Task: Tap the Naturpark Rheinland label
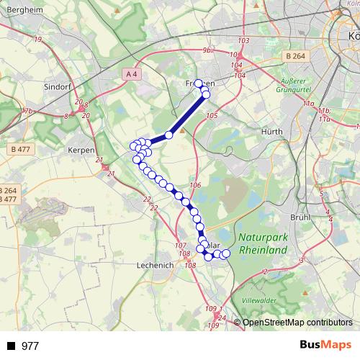click(x=261, y=243)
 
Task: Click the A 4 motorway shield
click(x=130, y=73)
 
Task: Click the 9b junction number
click(x=207, y=50)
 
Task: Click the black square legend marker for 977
click(x=11, y=346)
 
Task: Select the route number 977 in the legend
click(x=30, y=346)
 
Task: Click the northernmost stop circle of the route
click(x=199, y=84)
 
